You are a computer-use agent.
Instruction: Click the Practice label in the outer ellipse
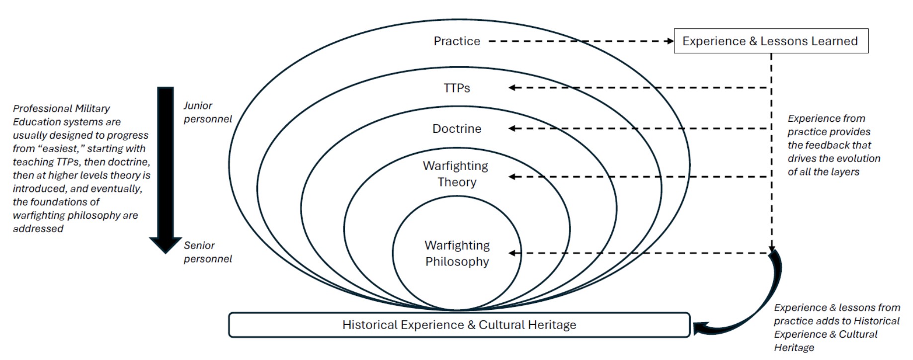(457, 41)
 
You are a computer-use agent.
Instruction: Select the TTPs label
(457, 88)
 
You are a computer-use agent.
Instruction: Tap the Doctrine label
(457, 129)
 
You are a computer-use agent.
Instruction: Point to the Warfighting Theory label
(456, 174)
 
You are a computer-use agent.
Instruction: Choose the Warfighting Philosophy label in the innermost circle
(457, 253)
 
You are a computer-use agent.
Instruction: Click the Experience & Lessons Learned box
(770, 41)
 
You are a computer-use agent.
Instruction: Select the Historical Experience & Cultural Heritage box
(459, 325)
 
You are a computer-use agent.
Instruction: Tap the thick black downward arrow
(166, 169)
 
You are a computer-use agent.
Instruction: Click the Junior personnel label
(207, 112)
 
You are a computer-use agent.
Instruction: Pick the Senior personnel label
(207, 252)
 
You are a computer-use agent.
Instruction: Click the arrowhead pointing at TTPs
(512, 88)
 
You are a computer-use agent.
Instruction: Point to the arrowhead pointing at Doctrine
(512, 129)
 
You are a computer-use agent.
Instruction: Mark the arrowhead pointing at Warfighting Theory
(512, 177)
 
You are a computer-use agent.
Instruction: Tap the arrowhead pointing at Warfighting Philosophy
(512, 253)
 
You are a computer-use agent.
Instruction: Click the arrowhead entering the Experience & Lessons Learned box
(669, 41)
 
